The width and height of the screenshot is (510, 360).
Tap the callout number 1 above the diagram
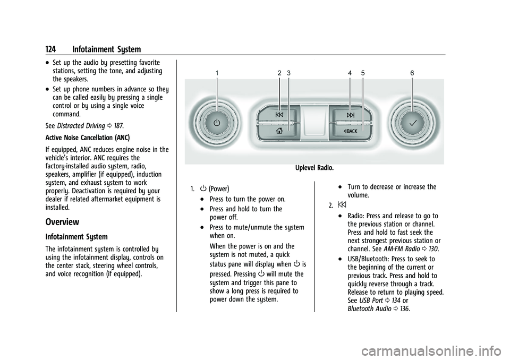click(217, 73)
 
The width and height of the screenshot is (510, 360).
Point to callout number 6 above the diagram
click(412, 73)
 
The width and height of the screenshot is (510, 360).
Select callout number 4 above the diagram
click(350, 73)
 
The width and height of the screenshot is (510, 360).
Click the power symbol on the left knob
click(217, 122)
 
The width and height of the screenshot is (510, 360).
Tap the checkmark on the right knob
click(412, 122)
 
